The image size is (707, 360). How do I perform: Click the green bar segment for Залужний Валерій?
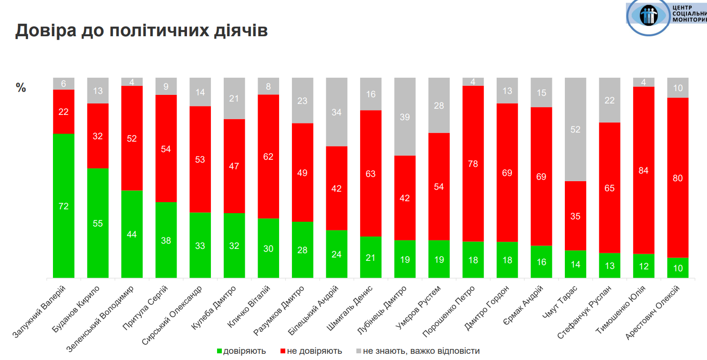pos(64,206)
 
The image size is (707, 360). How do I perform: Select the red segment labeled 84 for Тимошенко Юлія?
pos(644,170)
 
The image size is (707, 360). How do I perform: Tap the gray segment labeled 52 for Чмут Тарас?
pos(575,129)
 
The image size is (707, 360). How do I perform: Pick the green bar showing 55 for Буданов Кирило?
pos(98,223)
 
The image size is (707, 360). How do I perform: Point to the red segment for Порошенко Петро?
pos(473,164)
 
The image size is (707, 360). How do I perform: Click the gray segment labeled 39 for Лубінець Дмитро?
pos(405,117)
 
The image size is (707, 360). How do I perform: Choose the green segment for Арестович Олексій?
pos(678,268)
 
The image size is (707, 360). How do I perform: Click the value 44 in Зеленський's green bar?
pos(132,234)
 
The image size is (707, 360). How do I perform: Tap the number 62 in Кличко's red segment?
pos(268,156)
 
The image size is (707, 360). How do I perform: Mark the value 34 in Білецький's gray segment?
pos(337,113)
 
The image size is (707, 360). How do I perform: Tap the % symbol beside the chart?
pos(21,88)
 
